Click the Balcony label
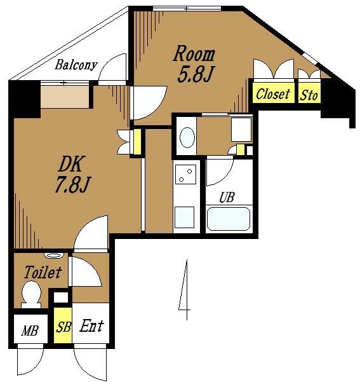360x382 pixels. point(76,65)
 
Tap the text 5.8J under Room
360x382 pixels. point(195,74)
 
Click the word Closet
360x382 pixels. point(273,94)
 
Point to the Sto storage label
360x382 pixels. point(309,95)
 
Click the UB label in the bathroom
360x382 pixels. point(227,197)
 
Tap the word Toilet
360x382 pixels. point(43,272)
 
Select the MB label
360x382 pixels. point(29,331)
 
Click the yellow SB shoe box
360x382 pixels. point(63,325)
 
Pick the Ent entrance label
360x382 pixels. point(92,325)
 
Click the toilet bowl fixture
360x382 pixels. point(31,294)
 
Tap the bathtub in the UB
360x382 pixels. point(228,219)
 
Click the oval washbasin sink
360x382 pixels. point(187,137)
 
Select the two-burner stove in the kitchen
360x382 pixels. point(186,174)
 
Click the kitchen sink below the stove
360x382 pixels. point(185,217)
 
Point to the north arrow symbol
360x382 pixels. point(185,289)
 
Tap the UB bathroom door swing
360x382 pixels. point(220,172)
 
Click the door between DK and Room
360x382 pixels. point(149,102)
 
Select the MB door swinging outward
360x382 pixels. point(30,360)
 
